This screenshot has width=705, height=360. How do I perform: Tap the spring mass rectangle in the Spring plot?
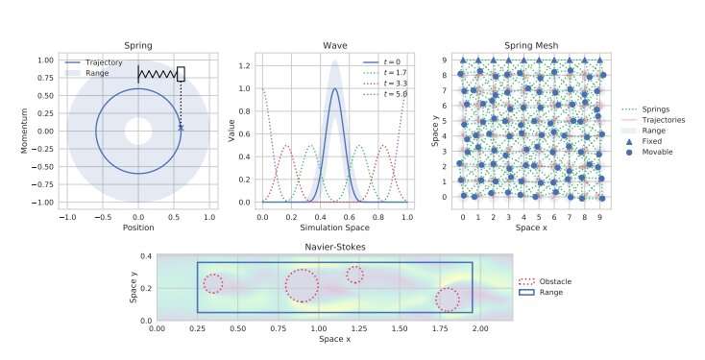[x=181, y=73]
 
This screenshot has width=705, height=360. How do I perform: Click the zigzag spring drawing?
[x=158, y=73]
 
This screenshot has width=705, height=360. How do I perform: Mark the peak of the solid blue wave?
[x=334, y=89]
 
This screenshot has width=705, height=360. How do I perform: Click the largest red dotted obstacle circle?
[x=302, y=285]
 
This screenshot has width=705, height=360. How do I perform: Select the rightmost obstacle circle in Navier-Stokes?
[x=447, y=300]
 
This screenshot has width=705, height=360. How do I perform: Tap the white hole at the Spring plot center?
[x=137, y=131]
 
